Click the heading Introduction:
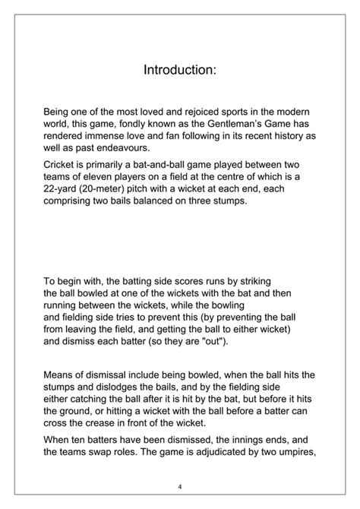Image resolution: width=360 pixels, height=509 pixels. pos(180,70)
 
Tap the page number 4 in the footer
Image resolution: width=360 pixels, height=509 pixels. pos(180,486)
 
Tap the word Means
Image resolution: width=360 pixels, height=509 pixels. pos(60,375)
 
